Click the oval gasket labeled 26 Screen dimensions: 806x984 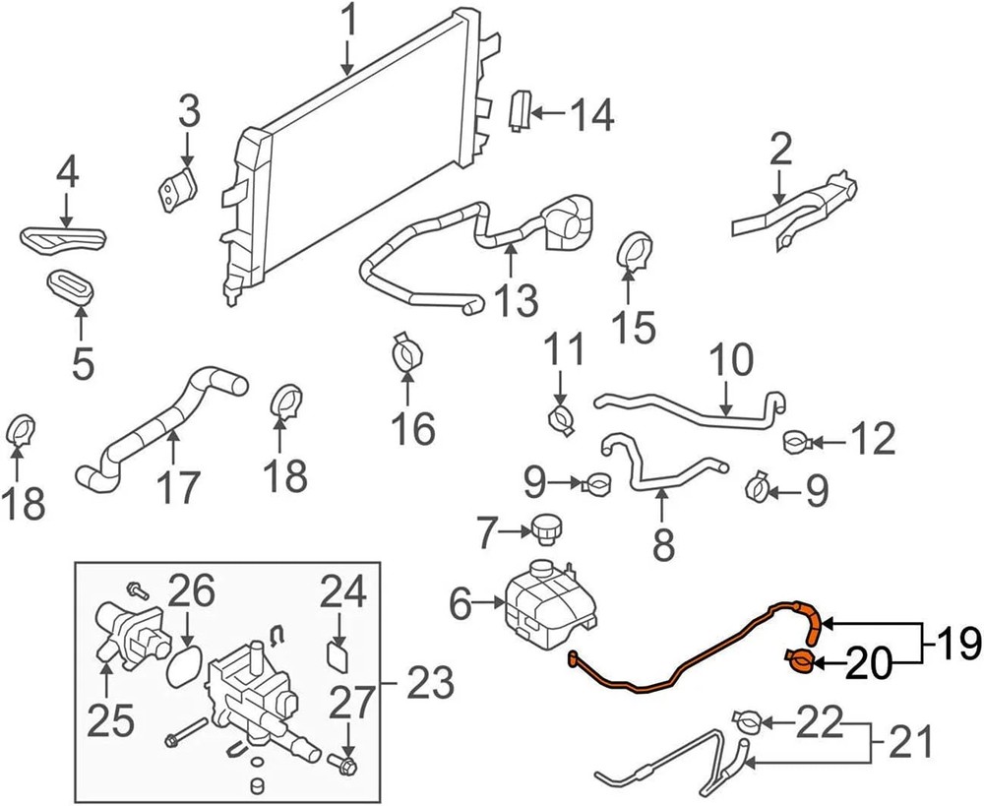coord(183,668)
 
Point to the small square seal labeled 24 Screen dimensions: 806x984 coord(338,653)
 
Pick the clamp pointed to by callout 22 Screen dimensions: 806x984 coord(747,723)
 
